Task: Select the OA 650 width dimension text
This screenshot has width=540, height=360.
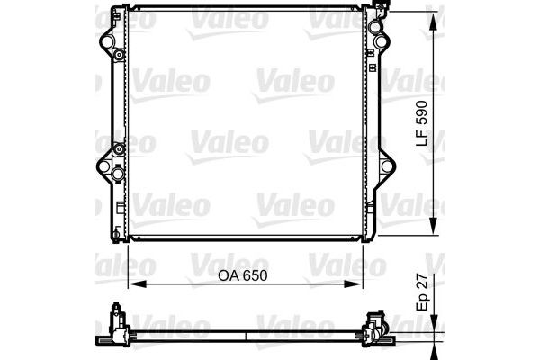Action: [244, 278]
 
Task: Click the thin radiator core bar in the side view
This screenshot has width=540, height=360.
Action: [243, 337]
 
